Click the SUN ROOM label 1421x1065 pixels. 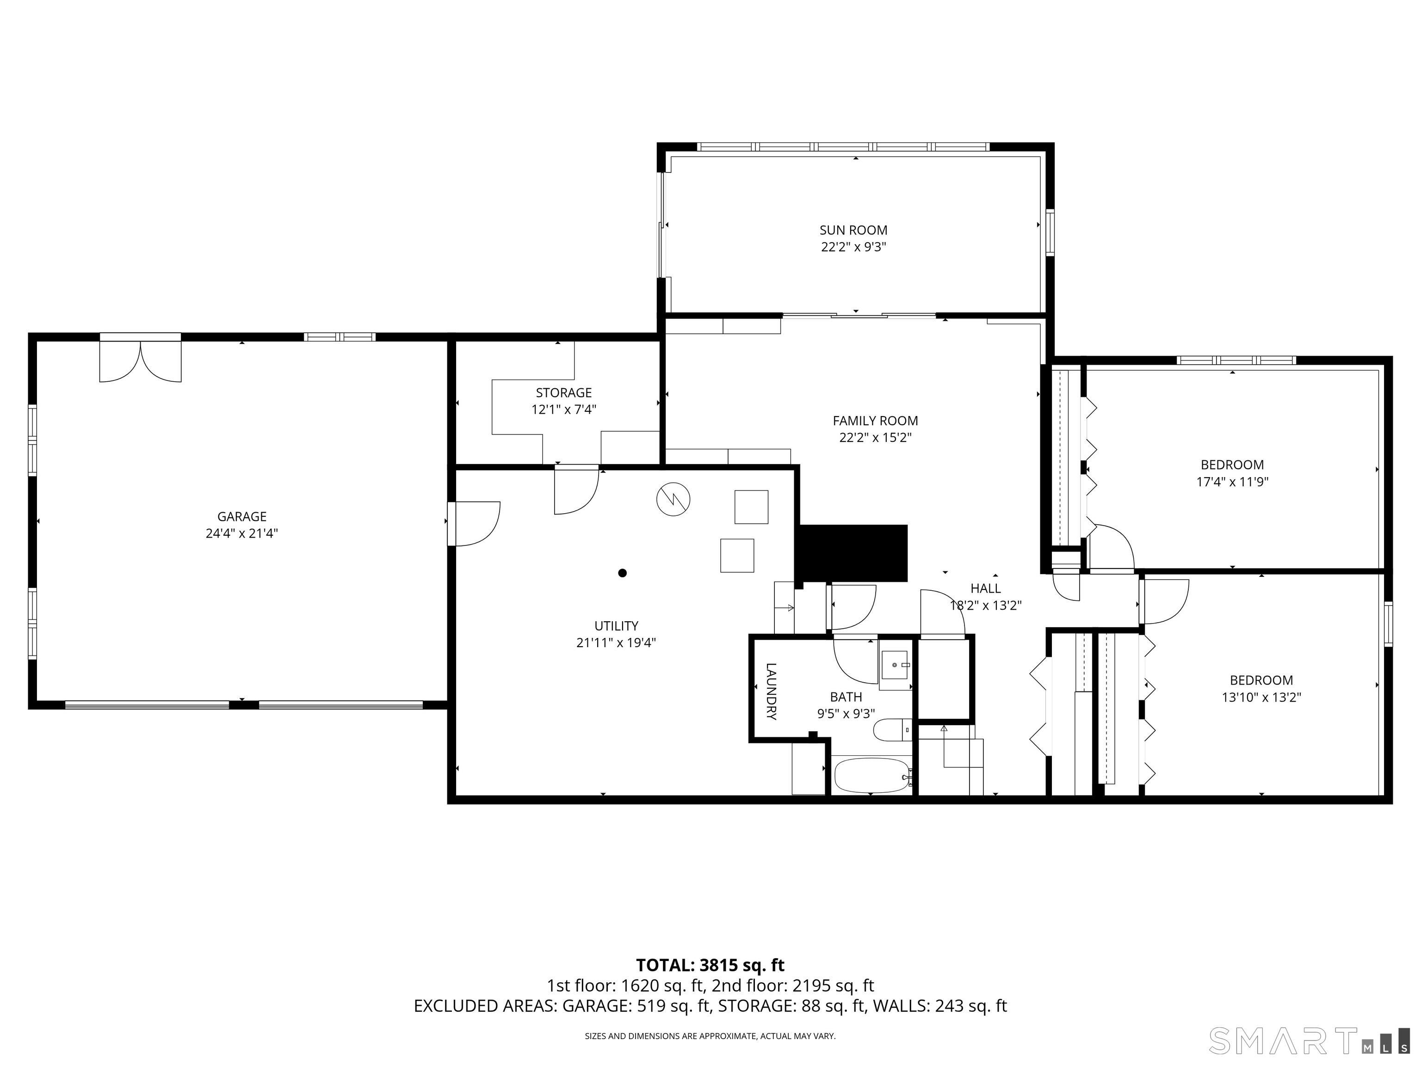853,230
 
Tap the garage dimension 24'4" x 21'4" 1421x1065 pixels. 241,533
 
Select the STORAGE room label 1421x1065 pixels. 563,392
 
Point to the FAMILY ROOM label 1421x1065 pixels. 875,421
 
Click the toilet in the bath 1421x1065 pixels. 892,730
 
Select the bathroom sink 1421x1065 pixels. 896,665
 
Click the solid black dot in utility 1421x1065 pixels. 622,573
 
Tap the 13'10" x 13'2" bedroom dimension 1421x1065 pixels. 1261,697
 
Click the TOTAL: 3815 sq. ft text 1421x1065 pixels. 710,965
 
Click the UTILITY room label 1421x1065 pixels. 616,625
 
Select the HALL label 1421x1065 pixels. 985,588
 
